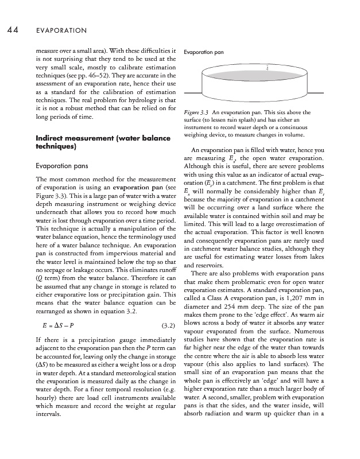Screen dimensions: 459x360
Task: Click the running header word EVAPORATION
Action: pyautogui.click(x=61, y=29)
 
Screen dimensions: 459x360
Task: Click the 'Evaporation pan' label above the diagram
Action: pyautogui.click(x=203, y=52)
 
